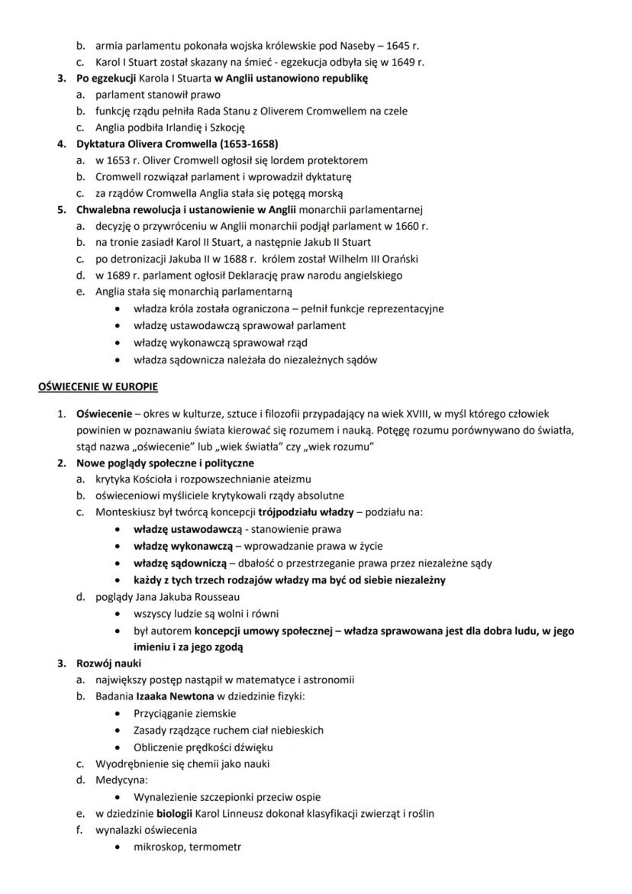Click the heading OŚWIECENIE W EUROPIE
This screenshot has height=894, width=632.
tap(98, 387)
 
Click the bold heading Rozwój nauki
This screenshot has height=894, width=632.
tap(108, 663)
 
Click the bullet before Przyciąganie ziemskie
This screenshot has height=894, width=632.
tap(115, 714)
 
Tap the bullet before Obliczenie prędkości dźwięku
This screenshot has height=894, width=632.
tap(115, 747)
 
